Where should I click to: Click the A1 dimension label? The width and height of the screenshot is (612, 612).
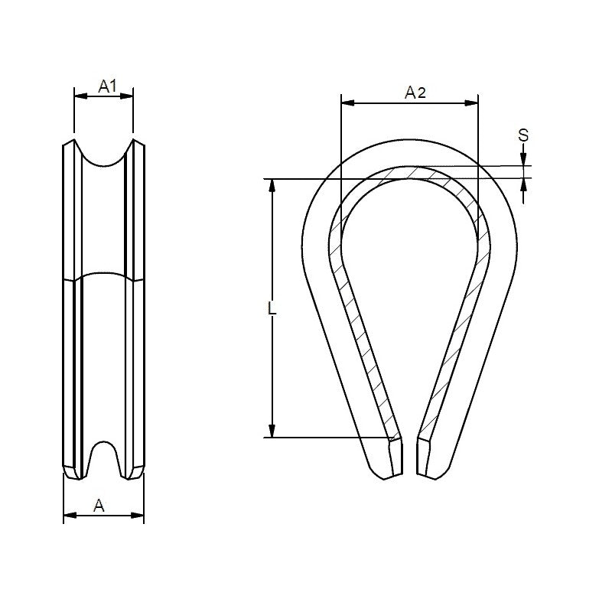pos(107,86)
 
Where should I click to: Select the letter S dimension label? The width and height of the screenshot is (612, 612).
pos(523,135)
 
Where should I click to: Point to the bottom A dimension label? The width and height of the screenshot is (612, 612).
pos(99,505)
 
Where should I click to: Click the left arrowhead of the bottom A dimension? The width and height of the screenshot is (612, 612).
pos(68,515)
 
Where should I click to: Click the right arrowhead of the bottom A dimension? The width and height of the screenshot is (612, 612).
pos(138,515)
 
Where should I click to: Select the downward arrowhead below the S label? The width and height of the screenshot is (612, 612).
pos(523,160)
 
